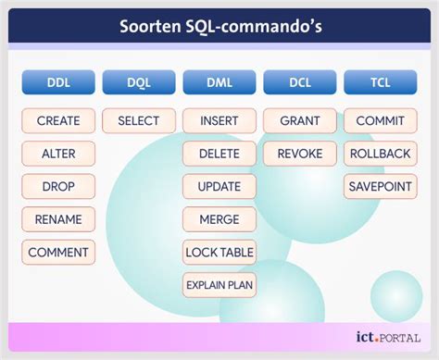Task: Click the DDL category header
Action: point(58,82)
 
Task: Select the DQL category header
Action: point(139,82)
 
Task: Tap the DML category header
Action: point(219,82)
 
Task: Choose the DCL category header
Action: point(300,82)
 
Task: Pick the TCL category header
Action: point(380,82)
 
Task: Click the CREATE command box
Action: point(58,120)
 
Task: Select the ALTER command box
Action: point(58,154)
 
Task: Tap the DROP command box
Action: point(58,186)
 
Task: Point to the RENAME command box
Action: point(58,219)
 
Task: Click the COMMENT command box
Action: point(58,252)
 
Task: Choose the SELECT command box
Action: point(139,120)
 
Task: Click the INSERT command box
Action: point(219,120)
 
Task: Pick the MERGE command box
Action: point(219,219)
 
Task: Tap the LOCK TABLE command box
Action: point(219,252)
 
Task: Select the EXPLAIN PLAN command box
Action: point(219,284)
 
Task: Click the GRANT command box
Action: point(300,120)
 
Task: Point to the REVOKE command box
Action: point(300,154)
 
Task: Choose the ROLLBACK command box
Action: point(380,154)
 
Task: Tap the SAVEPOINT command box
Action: point(380,186)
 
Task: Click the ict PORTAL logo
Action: point(387,337)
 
